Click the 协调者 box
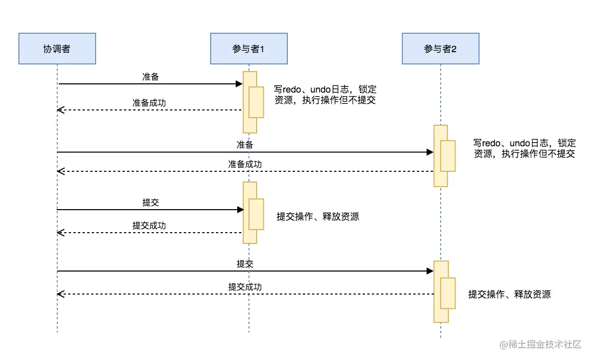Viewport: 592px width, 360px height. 57,49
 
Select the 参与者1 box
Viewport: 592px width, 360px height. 248,49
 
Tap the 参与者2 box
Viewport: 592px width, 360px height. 440,49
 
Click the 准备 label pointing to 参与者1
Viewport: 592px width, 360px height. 150,77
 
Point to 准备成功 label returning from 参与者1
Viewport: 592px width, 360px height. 149,103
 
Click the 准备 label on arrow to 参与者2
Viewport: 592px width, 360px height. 245,145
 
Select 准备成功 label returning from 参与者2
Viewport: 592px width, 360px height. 245,164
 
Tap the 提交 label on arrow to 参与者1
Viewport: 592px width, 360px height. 150,202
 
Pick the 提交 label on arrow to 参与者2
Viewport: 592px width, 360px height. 245,264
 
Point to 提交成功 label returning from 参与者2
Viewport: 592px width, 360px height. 245,287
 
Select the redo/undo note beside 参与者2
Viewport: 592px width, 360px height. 525,148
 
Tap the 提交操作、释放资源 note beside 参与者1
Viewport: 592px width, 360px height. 318,217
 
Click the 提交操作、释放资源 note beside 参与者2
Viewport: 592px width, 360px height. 510,295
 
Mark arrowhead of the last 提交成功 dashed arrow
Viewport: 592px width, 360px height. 60,294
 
